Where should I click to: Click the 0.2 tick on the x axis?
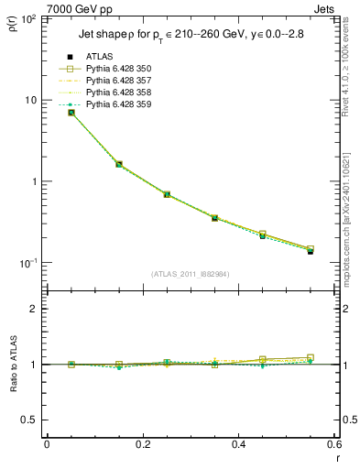click(143, 446)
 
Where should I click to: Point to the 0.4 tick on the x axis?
click(239, 446)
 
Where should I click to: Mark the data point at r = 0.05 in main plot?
click(71, 113)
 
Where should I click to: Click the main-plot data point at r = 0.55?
click(311, 250)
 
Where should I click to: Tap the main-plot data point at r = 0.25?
click(167, 194)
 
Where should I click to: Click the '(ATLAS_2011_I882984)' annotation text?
click(191, 275)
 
